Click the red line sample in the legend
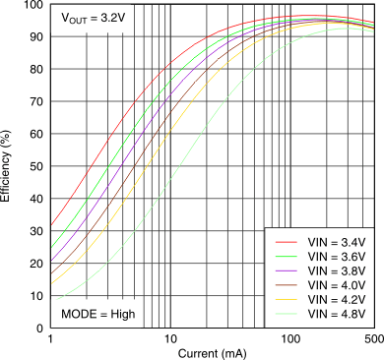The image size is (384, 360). [286, 241]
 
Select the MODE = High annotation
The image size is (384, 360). [97, 314]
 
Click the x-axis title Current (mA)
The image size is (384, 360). [212, 352]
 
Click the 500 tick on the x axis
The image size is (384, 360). [372, 339]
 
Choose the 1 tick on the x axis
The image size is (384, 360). [50, 339]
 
